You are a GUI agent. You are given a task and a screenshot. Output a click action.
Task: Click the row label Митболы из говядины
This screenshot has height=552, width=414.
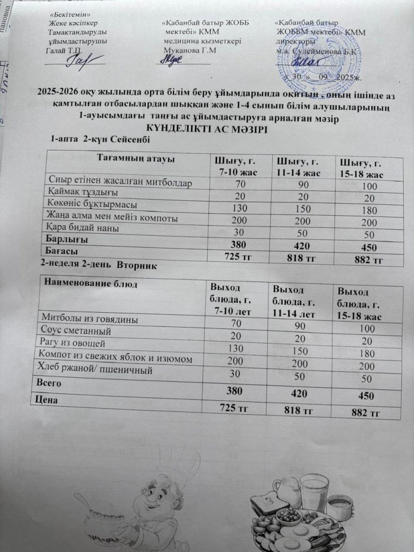tap(86, 318)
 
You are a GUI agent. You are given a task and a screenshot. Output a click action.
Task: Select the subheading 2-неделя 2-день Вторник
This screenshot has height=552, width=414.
tap(99, 266)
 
